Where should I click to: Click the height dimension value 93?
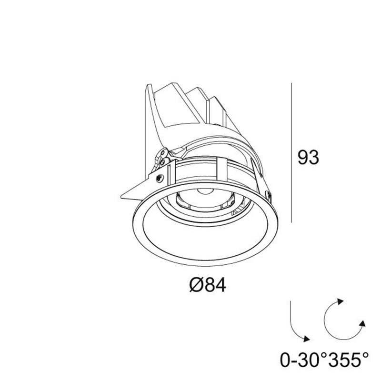pyautogui.click(x=308, y=157)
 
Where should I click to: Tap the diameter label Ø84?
pyautogui.click(x=208, y=285)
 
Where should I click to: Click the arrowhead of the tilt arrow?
pyautogui.click(x=306, y=339)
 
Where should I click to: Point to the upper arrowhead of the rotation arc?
pyautogui.click(x=340, y=301)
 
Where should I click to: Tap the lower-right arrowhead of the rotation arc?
pyautogui.click(x=362, y=323)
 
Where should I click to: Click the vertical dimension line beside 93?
pyautogui.click(x=291, y=152)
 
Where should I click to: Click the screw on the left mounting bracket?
pyautogui.click(x=160, y=178)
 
